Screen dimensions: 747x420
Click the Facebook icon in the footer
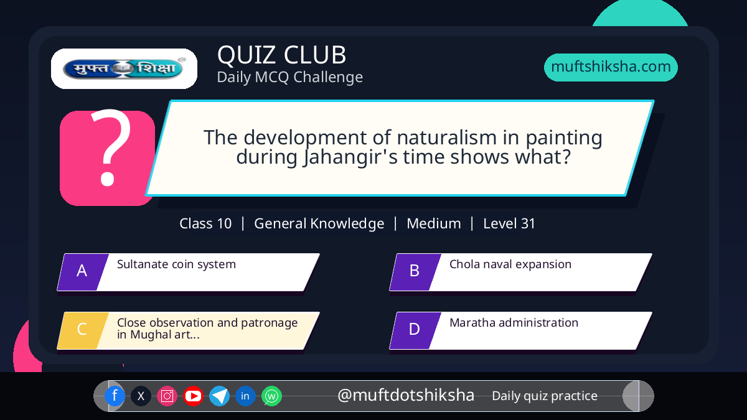coord(115,396)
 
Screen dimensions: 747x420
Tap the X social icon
coord(141,396)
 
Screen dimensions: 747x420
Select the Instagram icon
coord(167,396)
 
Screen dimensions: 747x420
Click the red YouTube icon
coord(193,396)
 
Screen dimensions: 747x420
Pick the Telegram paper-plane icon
coord(219,396)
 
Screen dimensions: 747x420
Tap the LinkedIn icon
coord(245,396)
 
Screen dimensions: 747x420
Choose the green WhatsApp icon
coord(271,396)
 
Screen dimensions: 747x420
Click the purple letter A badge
coord(83,272)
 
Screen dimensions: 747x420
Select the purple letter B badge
coord(415,272)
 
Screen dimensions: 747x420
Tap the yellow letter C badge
coord(83,330)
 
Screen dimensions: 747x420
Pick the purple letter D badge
coord(415,330)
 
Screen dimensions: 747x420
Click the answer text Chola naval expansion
coord(510,264)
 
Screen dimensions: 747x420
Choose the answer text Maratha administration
coord(514,323)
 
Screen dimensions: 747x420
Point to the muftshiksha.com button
coord(611,67)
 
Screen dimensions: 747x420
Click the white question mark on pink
coord(110,147)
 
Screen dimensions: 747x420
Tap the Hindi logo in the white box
coord(124,68)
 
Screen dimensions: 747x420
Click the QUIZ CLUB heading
coord(282,55)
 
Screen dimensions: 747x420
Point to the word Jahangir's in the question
coord(350,157)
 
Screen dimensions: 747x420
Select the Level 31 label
coord(509,223)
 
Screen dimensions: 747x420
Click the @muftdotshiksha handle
coord(406,395)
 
